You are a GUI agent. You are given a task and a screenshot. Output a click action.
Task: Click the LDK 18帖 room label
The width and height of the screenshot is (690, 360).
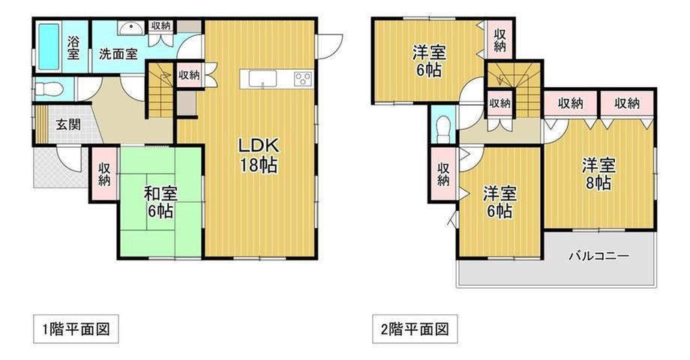[259, 154]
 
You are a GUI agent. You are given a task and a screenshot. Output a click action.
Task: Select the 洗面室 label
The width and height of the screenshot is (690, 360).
[118, 54]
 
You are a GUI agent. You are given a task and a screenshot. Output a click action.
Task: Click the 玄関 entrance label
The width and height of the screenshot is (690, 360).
[68, 124]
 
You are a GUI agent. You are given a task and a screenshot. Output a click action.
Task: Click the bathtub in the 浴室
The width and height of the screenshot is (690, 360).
[49, 46]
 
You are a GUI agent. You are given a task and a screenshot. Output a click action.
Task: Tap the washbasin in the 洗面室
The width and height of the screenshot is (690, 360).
[130, 28]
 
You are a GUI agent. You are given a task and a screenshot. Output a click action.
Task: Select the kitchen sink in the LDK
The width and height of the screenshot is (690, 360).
[262, 79]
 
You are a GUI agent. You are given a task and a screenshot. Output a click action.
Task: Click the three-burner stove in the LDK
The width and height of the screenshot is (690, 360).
[303, 79]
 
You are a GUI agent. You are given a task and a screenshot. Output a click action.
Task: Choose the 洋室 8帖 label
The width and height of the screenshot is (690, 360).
[598, 174]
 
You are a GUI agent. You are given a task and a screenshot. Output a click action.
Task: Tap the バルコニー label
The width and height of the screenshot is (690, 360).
[599, 256]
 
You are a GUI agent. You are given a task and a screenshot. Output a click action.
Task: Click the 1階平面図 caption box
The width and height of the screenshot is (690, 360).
[76, 328]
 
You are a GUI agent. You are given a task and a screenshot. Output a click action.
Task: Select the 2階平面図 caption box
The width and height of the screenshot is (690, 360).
[415, 328]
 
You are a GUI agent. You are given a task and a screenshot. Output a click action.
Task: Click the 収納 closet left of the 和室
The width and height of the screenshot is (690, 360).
[104, 175]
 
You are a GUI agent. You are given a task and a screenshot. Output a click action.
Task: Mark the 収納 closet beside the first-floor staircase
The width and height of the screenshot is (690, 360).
[189, 75]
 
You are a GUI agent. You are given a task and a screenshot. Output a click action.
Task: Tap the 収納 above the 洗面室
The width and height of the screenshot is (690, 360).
[161, 25]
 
